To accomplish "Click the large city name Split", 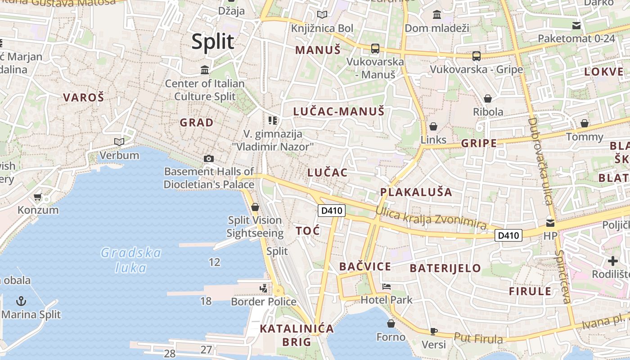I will (x=213, y=42).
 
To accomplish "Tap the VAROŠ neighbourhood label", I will (x=84, y=97).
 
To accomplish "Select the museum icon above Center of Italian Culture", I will (x=205, y=70).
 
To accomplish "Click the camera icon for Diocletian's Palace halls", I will (x=209, y=158).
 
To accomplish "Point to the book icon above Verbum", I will (x=119, y=142).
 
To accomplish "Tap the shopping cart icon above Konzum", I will (x=38, y=197).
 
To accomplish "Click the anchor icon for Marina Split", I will (x=21, y=301).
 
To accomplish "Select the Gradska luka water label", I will (x=130, y=260).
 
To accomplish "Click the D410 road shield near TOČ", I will (x=332, y=210).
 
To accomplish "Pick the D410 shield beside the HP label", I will (x=508, y=235).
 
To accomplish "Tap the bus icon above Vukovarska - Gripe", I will (x=477, y=56).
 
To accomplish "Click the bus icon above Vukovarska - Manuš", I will (x=375, y=49).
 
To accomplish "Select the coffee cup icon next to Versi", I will (x=433, y=332).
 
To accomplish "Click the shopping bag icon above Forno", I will (x=391, y=323).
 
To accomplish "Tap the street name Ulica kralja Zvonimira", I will (x=431, y=218).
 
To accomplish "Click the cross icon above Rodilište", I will (x=613, y=261).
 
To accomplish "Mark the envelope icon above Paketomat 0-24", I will (x=576, y=26).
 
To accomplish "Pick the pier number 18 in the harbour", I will (x=206, y=301).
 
